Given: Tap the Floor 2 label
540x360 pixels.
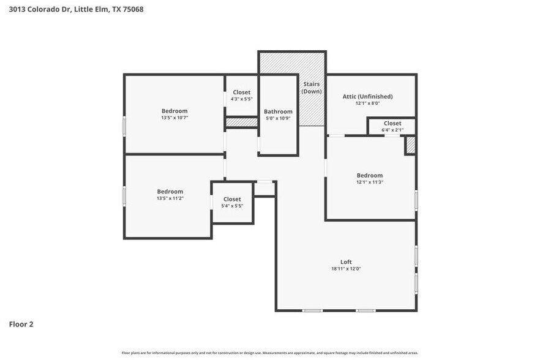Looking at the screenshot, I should point(21,324).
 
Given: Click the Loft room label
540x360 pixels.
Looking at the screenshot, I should point(346,262).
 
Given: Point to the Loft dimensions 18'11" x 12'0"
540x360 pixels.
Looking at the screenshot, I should point(346,269).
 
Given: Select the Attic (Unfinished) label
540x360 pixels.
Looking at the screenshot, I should point(367,96).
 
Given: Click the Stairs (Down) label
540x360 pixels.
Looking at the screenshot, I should point(311,88).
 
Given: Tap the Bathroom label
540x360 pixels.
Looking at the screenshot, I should point(278,111).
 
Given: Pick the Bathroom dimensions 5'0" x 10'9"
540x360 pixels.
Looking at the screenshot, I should point(278,118).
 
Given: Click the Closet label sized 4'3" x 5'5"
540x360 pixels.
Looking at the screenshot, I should point(241,92).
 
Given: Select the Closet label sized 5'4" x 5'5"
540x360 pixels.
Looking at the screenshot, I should point(232,199).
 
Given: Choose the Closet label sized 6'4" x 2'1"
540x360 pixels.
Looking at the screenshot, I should point(392,123).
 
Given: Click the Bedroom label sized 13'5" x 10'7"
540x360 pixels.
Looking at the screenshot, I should point(174,110).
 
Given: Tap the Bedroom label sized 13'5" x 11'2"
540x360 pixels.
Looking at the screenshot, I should point(170,192).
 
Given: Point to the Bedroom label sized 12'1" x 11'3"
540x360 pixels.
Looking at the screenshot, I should point(370,175).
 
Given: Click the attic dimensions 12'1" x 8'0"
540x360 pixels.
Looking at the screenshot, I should point(367,103).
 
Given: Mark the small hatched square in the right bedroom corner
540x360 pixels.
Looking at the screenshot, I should point(410,145).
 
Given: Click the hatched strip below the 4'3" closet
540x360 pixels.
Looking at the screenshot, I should point(241,122).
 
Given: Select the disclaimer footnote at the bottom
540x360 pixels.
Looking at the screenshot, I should point(269,353).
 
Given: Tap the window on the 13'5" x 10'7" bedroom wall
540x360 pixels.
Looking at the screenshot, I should point(124,126).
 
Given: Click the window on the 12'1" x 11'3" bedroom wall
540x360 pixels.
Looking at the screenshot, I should point(416,200).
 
